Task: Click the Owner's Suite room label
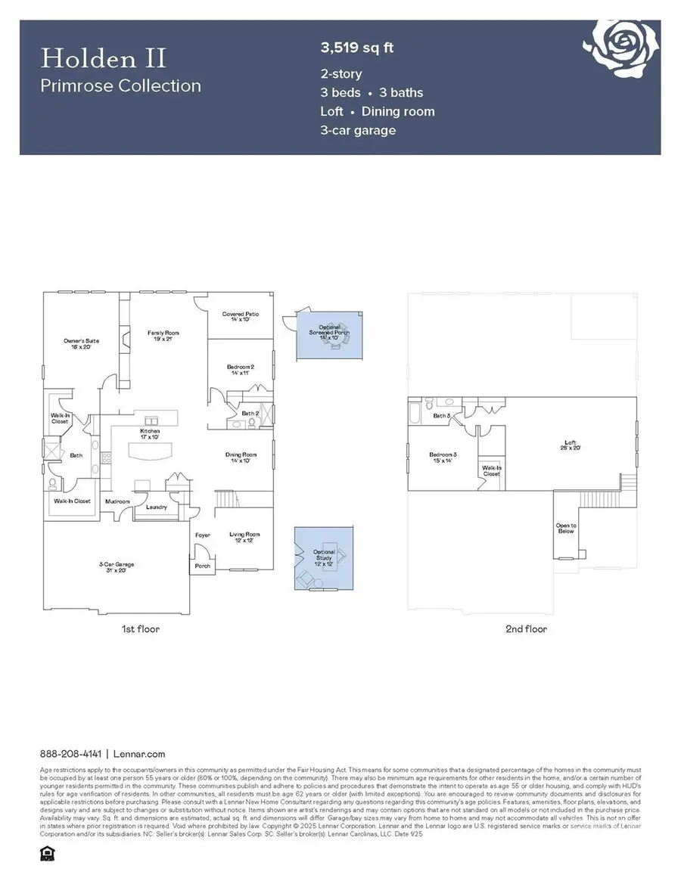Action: (x=81, y=344)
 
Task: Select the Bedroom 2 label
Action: (x=240, y=371)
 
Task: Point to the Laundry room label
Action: (x=157, y=507)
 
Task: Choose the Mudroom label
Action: (x=117, y=501)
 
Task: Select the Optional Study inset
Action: (x=324, y=558)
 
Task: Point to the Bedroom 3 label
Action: (x=442, y=458)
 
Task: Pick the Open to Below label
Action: (x=566, y=528)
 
